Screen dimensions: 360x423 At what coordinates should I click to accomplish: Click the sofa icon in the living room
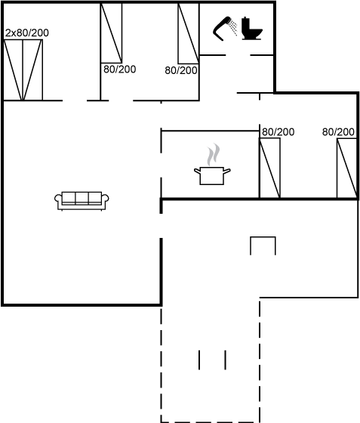82,201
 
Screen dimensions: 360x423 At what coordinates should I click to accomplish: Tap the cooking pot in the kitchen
212,175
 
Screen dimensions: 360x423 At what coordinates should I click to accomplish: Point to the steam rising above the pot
214,154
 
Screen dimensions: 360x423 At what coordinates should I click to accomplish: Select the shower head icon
223,29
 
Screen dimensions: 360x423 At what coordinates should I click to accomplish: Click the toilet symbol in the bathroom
251,29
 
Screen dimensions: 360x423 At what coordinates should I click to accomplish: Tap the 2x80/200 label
27,33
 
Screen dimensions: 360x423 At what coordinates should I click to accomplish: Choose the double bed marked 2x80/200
23,70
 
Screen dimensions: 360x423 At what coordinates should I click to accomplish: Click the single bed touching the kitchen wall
269,168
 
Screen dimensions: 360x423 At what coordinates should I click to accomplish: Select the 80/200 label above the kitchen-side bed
278,132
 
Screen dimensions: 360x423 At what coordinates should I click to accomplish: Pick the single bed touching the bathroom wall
189,33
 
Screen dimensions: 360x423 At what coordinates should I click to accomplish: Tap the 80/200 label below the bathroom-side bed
181,71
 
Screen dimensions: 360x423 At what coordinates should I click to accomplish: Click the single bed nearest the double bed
111,33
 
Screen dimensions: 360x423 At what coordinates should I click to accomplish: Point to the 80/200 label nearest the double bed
120,69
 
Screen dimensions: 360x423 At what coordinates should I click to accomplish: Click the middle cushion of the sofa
82,197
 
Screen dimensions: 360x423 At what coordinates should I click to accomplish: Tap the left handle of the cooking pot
197,171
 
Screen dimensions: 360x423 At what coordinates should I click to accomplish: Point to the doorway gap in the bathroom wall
238,55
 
